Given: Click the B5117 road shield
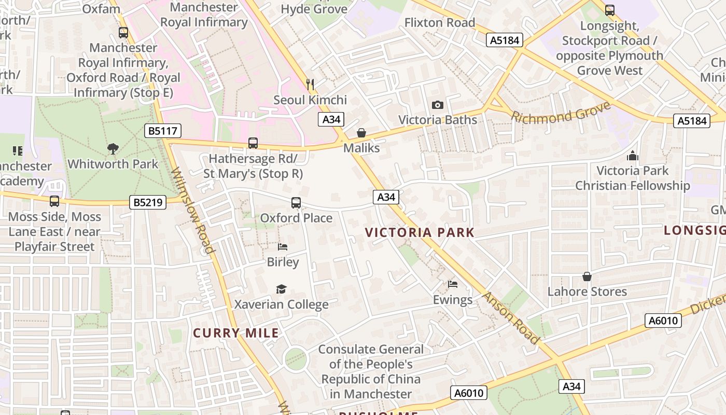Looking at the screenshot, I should point(162,131).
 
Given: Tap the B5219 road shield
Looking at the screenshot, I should point(148,202).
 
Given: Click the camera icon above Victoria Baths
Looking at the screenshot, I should point(438,105).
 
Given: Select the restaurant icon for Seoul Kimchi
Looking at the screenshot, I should point(310,84).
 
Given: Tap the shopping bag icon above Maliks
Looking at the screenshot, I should point(361,133).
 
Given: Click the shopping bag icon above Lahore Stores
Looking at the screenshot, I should point(587,276).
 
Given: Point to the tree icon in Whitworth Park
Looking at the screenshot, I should point(113,149).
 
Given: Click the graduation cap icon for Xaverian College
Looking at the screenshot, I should point(281,289).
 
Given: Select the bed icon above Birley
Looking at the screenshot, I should point(283,247).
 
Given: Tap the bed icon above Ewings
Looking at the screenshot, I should point(453,284).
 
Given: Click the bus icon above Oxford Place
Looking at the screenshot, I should point(296,203).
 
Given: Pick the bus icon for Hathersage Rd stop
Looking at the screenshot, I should point(253,143).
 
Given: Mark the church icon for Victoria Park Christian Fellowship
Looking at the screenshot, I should point(633,156).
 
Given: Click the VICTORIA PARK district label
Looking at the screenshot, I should point(420,232).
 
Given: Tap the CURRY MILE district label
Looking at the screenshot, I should point(236,333).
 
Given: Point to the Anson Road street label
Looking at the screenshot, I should point(511,318).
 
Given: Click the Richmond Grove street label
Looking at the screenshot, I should point(561,112).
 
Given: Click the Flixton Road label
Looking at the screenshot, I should point(439,23).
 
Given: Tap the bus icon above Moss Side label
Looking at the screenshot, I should point(54,201).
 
